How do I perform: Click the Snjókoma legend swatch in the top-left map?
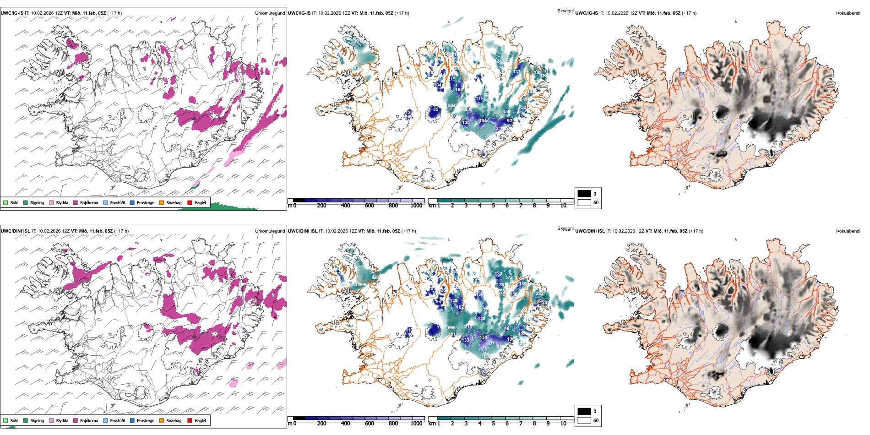[76, 202]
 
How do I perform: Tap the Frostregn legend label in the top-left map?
[145, 202]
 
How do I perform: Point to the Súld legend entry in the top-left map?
[14, 202]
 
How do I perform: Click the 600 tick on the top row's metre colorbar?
[370, 206]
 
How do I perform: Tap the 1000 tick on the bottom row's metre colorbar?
[416, 424]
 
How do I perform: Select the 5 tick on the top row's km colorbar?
[494, 206]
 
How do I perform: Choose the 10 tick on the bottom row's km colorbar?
[563, 424]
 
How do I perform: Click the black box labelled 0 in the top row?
[584, 194]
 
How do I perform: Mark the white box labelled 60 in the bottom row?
[584, 420]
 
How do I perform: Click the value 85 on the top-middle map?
[436, 109]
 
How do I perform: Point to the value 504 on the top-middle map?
[451, 106]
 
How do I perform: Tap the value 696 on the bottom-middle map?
[452, 328]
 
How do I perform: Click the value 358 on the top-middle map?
[538, 72]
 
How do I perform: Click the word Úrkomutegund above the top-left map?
[270, 13]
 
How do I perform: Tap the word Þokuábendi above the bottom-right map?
[848, 231]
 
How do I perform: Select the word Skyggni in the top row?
[565, 11]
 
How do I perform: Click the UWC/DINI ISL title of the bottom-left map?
[15, 231]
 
